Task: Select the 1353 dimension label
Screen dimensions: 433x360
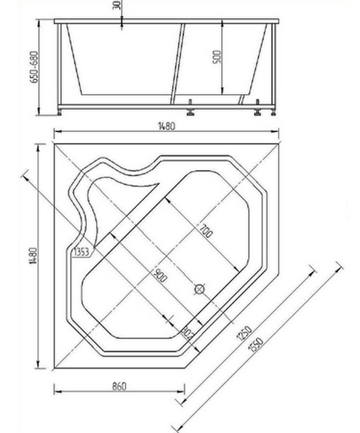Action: click(x=81, y=251)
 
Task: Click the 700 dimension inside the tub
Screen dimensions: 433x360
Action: click(x=205, y=232)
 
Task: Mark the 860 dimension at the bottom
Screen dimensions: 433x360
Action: click(x=119, y=386)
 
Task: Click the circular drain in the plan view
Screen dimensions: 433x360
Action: click(x=200, y=289)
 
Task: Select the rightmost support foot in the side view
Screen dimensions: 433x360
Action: click(x=273, y=112)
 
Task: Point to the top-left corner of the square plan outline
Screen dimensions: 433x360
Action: click(x=54, y=143)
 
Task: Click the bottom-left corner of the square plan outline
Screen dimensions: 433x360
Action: click(x=54, y=369)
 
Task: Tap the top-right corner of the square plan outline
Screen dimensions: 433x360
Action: click(x=279, y=143)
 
